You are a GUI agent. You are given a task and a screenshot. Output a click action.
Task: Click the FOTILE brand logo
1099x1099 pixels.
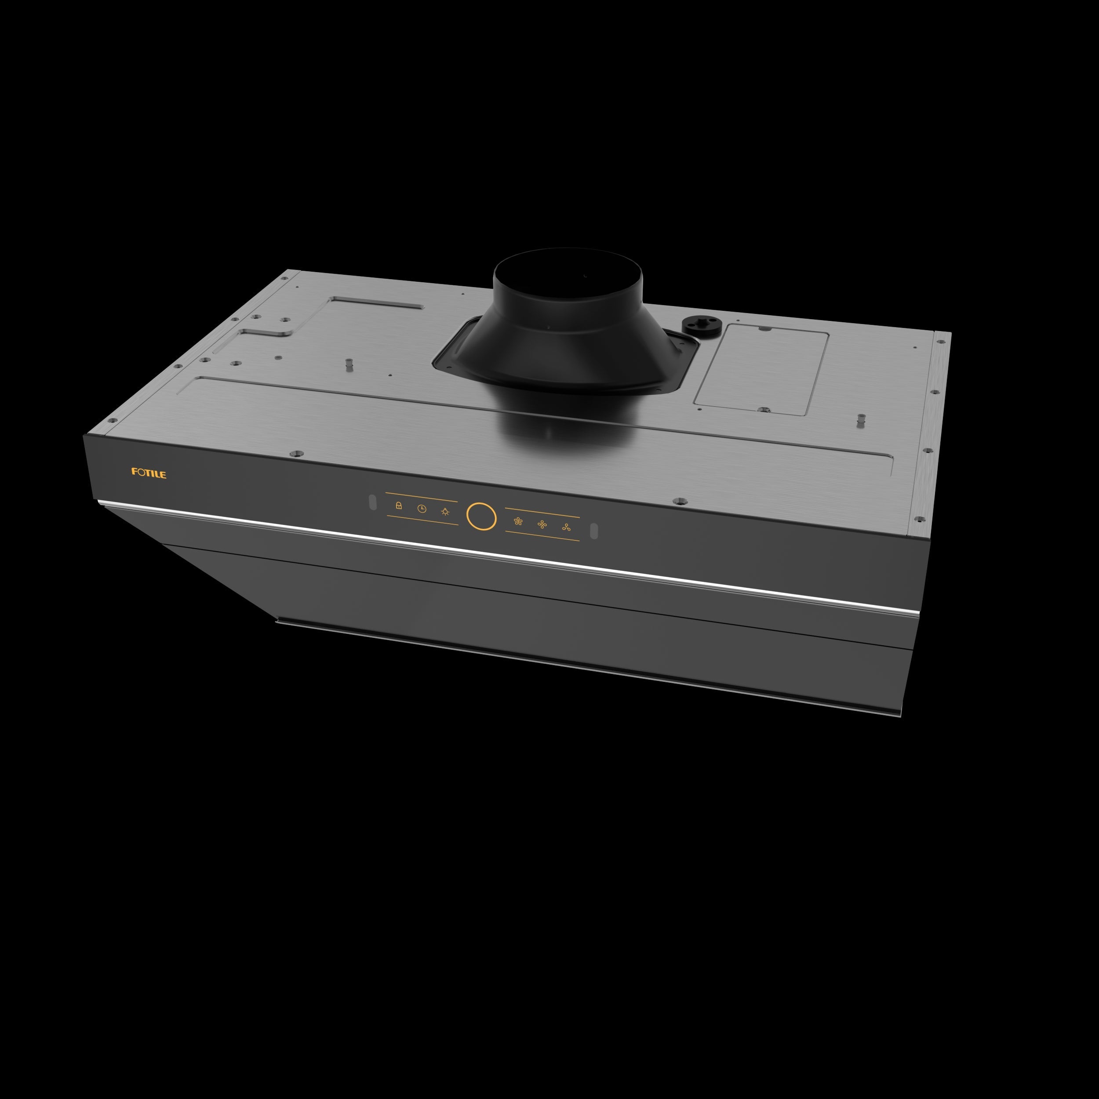(149, 473)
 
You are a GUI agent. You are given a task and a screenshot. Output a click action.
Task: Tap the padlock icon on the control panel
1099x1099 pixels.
(399, 505)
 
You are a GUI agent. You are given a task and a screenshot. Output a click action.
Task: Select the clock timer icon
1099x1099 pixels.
(422, 509)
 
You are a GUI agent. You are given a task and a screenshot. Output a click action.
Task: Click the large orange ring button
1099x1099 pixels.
(481, 516)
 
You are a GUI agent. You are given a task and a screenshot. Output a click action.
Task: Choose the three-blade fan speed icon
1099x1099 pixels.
(566, 528)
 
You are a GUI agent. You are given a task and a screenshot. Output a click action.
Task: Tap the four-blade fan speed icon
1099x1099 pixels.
(542, 524)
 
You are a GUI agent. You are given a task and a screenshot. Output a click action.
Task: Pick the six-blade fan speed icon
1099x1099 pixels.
(518, 520)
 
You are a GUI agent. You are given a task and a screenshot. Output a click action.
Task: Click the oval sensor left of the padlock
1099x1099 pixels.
(373, 502)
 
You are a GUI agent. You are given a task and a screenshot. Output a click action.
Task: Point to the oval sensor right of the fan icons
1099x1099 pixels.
(594, 531)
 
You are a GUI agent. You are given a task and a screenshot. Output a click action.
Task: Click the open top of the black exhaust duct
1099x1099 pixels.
(568, 267)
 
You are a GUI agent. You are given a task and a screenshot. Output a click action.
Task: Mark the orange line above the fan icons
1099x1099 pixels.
(542, 513)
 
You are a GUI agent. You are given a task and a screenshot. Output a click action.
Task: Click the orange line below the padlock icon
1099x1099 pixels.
(422, 520)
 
